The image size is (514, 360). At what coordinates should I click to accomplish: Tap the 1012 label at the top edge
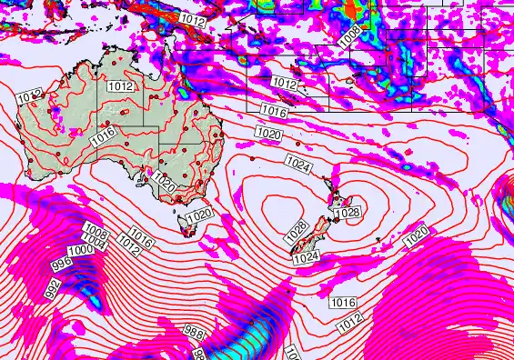point(192,18)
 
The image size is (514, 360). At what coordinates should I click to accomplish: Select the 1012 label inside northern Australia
point(121,86)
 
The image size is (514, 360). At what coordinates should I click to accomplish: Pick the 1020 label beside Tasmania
point(198,215)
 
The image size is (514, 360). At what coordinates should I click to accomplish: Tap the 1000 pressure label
point(81,250)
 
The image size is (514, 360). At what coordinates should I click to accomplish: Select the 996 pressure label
point(62,265)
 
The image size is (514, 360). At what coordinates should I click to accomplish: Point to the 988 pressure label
point(194,333)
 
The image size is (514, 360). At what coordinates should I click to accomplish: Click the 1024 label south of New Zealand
point(306,258)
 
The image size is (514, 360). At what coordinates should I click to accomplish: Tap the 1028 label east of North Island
point(347,213)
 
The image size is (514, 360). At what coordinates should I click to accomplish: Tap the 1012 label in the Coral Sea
point(285,84)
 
